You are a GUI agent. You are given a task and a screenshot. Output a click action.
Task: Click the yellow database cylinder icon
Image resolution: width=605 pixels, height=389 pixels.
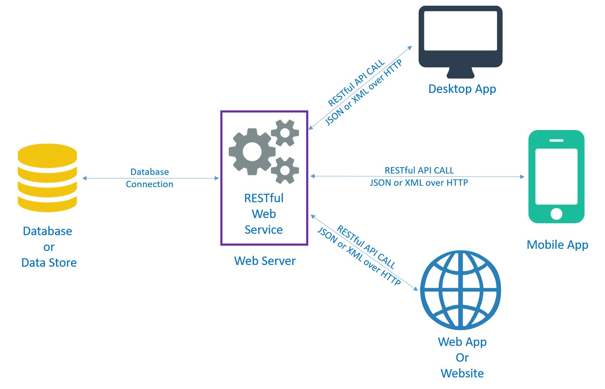click(x=47, y=178)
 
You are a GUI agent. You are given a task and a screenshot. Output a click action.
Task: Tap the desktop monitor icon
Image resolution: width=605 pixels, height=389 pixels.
click(x=460, y=42)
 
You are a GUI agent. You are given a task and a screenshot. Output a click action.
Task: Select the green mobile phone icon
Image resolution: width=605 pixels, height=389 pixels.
click(x=556, y=177)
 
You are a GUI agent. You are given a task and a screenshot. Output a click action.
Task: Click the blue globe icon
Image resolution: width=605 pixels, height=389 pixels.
click(x=461, y=290)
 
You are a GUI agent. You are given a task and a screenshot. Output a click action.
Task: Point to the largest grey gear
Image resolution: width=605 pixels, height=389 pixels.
click(x=252, y=151)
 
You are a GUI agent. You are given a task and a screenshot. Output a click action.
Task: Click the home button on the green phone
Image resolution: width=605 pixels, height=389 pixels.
click(x=556, y=213)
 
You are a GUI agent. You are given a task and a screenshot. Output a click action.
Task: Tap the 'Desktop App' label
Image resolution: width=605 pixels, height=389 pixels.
click(x=462, y=89)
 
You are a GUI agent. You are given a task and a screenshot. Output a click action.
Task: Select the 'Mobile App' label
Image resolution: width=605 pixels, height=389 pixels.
click(x=557, y=245)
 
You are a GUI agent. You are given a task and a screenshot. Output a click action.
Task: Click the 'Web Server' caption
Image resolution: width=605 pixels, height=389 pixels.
click(x=265, y=261)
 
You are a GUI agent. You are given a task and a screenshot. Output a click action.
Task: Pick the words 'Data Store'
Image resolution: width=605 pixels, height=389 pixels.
click(x=49, y=262)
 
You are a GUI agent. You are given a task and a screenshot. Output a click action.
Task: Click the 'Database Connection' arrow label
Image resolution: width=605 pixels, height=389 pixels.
click(x=150, y=178)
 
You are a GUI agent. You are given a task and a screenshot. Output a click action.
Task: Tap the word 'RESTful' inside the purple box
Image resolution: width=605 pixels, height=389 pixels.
click(x=264, y=198)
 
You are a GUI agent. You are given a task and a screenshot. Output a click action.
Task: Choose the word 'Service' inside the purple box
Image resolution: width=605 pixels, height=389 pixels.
click(x=264, y=230)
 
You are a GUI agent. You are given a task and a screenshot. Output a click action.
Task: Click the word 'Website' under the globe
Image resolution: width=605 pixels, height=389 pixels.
click(x=462, y=373)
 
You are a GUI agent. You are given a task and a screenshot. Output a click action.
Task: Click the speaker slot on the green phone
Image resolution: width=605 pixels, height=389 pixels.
click(x=556, y=141)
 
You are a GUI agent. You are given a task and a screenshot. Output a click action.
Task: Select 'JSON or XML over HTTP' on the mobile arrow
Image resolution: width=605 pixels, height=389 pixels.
click(x=419, y=183)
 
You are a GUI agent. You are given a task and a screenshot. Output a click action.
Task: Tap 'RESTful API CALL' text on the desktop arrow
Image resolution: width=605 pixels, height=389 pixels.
click(x=356, y=83)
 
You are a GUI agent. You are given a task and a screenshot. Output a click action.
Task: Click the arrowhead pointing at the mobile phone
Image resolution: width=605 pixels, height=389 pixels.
click(x=522, y=177)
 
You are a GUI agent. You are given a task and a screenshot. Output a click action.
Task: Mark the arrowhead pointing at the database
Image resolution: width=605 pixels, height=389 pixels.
click(x=84, y=178)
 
